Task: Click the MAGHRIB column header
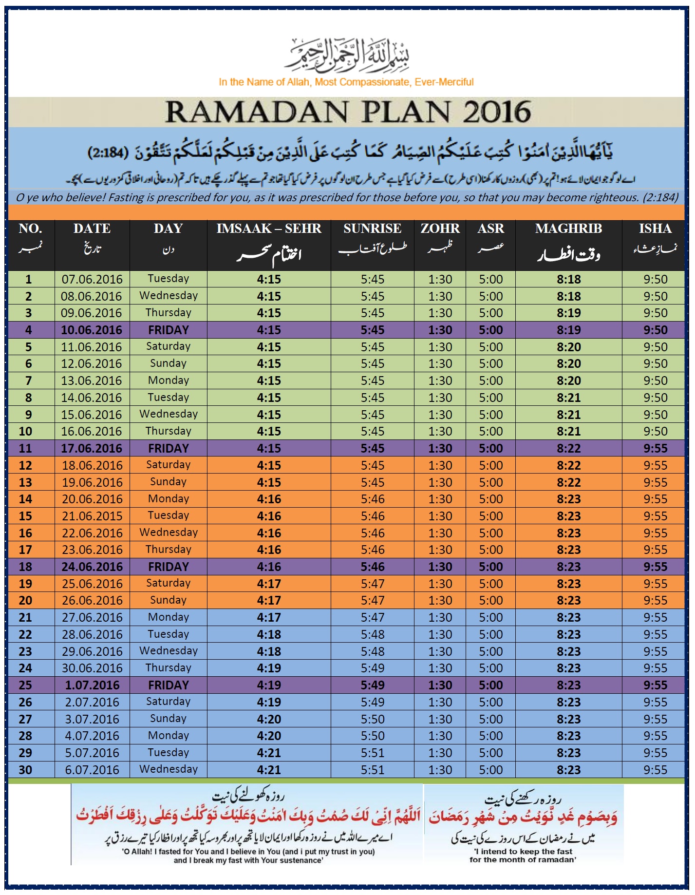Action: pyautogui.click(x=568, y=229)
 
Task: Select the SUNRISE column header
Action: pyautogui.click(x=372, y=229)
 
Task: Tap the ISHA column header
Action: pyautogui.click(x=655, y=229)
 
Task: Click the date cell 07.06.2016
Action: pyautogui.click(x=92, y=280)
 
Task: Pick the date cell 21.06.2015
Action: pyautogui.click(x=92, y=516)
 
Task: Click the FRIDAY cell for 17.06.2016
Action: pyautogui.click(x=168, y=449)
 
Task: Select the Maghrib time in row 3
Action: pyautogui.click(x=568, y=313)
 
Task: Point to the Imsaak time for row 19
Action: pyautogui.click(x=269, y=584)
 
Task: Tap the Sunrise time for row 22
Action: pyautogui.click(x=372, y=635)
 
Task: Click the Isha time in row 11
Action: pyautogui.click(x=655, y=449)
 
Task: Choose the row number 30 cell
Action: pyautogui.click(x=25, y=770)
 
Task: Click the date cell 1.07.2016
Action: pyautogui.click(x=92, y=686)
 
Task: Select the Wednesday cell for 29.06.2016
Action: pyautogui.click(x=168, y=651)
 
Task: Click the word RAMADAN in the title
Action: pyautogui.click(x=256, y=112)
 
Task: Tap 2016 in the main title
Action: pyautogui.click(x=496, y=112)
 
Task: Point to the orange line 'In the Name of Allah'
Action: pyautogui.click(x=346, y=82)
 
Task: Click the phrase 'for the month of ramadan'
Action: pyautogui.click(x=523, y=860)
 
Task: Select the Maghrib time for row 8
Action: pyautogui.click(x=568, y=398)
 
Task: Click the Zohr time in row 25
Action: pyautogui.click(x=440, y=686)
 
